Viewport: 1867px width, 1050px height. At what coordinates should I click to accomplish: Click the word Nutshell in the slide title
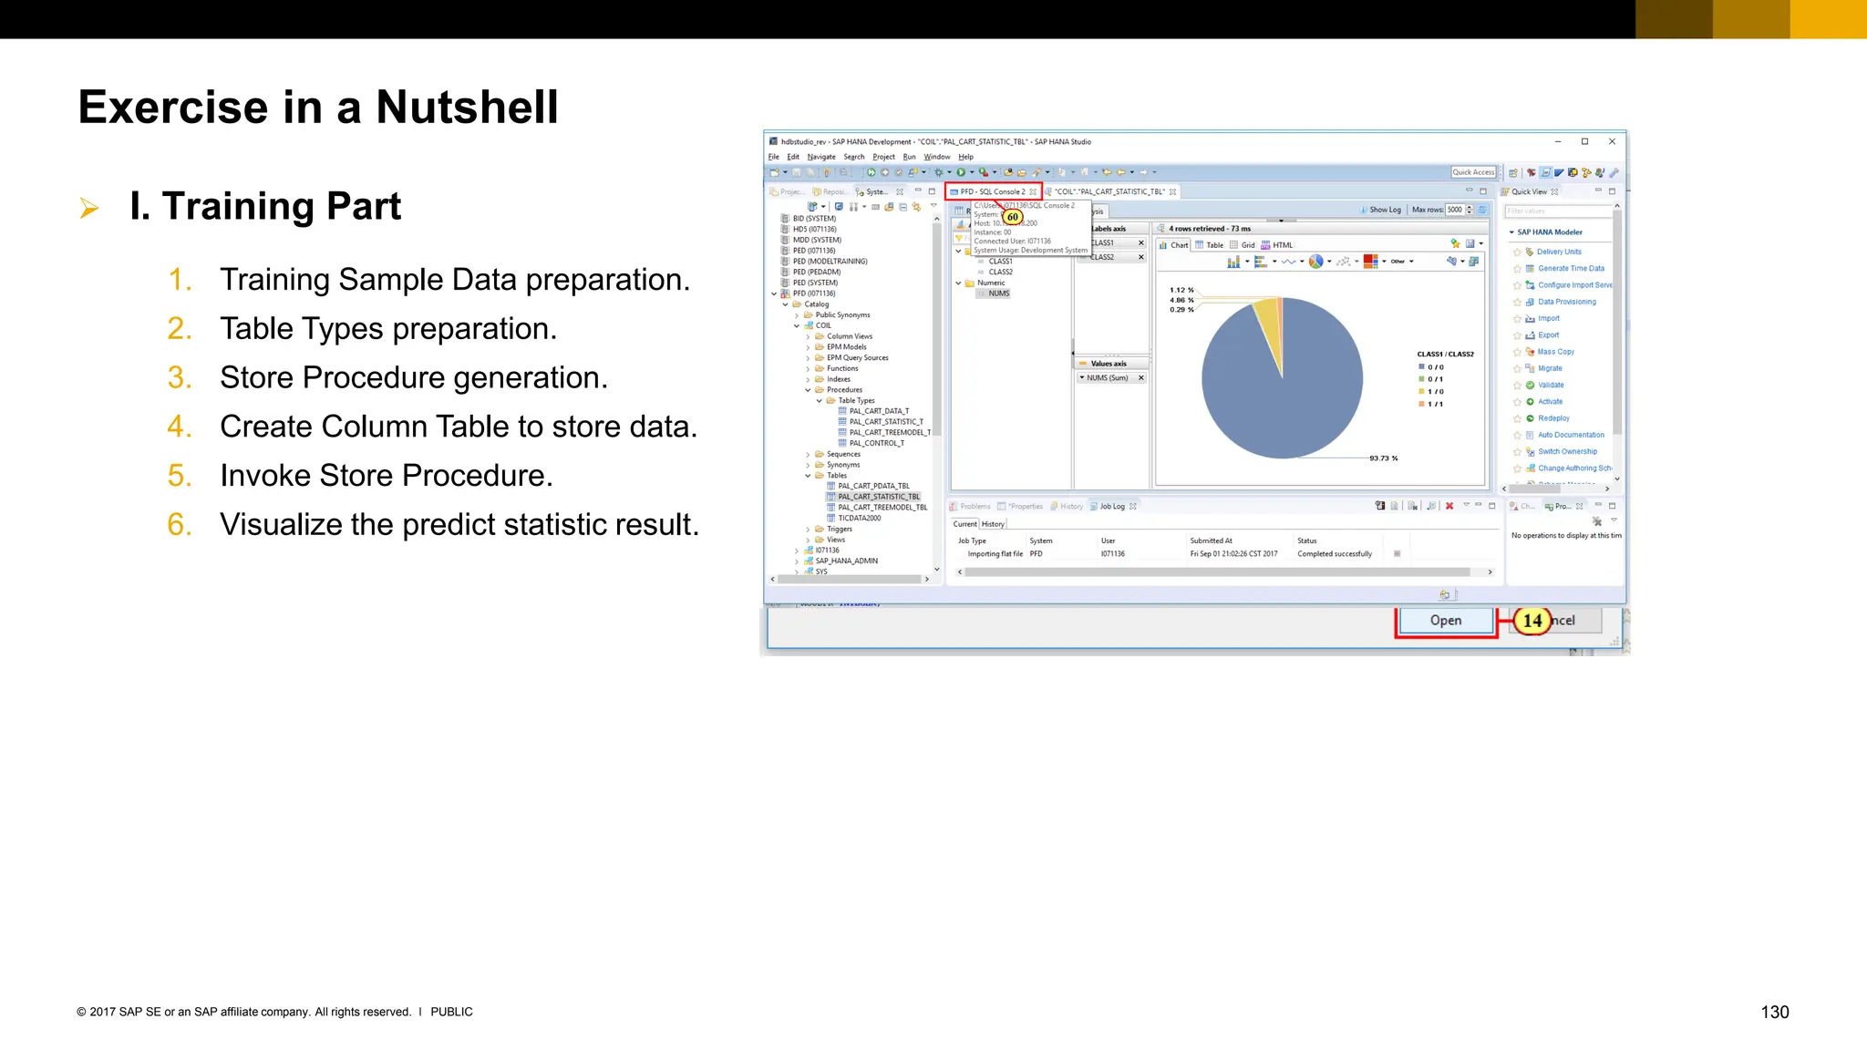click(467, 108)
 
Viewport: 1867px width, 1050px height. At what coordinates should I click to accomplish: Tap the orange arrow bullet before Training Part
click(89, 208)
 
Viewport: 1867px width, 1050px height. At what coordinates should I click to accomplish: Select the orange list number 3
click(179, 378)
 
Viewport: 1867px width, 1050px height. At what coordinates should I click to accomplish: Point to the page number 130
click(1774, 1012)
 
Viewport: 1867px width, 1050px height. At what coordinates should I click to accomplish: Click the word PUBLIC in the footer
click(451, 1012)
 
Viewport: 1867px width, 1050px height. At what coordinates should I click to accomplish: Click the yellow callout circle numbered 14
click(1532, 621)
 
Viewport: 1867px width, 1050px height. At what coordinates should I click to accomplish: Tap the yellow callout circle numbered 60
click(1013, 217)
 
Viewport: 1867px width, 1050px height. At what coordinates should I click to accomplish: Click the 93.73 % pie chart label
click(1383, 458)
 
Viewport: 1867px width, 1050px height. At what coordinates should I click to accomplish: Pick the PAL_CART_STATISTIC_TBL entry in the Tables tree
click(879, 497)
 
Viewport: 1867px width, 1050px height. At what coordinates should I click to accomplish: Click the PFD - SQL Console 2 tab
click(993, 191)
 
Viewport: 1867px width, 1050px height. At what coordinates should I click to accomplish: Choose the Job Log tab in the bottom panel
click(1112, 506)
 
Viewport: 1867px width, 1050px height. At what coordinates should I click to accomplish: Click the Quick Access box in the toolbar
click(1473, 172)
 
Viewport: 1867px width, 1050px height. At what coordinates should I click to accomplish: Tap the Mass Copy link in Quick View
click(1556, 352)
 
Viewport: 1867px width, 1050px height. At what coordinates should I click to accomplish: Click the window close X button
click(1612, 141)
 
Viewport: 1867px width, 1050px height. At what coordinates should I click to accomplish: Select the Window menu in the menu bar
click(937, 157)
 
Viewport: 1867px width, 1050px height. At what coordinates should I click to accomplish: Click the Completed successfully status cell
click(1335, 554)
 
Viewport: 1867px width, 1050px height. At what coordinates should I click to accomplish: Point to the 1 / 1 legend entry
click(1435, 404)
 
